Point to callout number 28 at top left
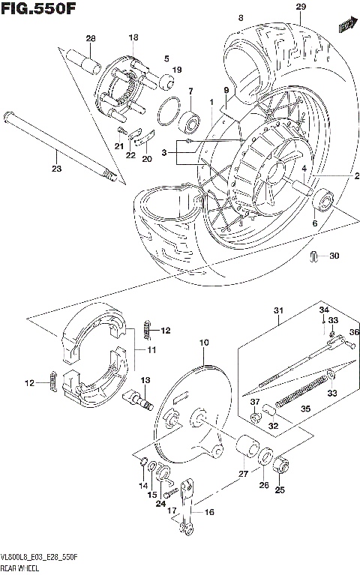coord(91,38)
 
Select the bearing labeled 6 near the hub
coord(324,200)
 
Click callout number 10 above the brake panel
coord(202,343)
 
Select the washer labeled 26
coord(265,457)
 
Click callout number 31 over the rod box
coord(280,311)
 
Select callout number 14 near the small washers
coord(142,485)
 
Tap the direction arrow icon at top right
coord(346,26)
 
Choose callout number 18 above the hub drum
coord(133,37)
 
